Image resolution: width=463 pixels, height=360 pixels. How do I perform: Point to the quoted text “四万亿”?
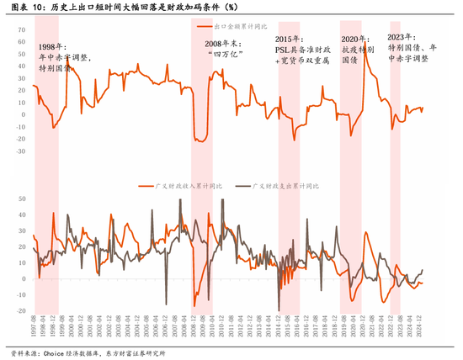[224, 52]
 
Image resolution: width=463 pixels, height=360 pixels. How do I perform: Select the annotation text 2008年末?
[225, 41]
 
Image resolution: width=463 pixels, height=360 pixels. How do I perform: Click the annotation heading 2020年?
[354, 40]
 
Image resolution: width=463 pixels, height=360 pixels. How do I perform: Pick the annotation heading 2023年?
[401, 38]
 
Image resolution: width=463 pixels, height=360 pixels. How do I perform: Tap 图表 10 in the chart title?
[24, 8]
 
